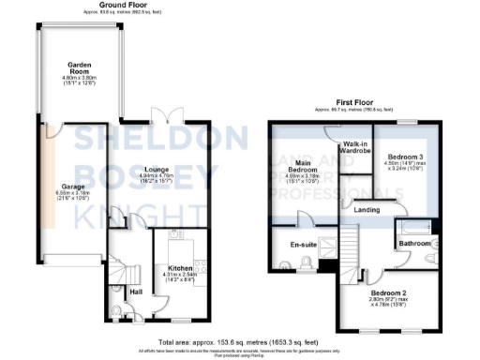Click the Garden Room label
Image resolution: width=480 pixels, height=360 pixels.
coord(78,65)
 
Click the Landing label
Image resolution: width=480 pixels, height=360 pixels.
coord(366,210)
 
